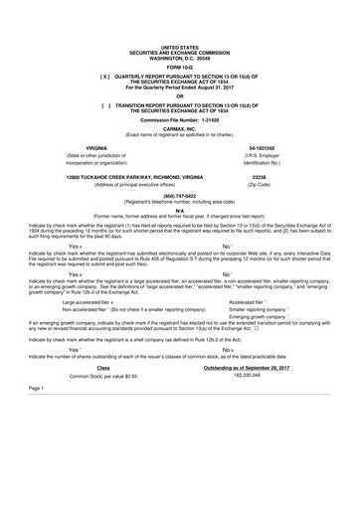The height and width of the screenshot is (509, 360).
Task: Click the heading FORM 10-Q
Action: click(x=179, y=67)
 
